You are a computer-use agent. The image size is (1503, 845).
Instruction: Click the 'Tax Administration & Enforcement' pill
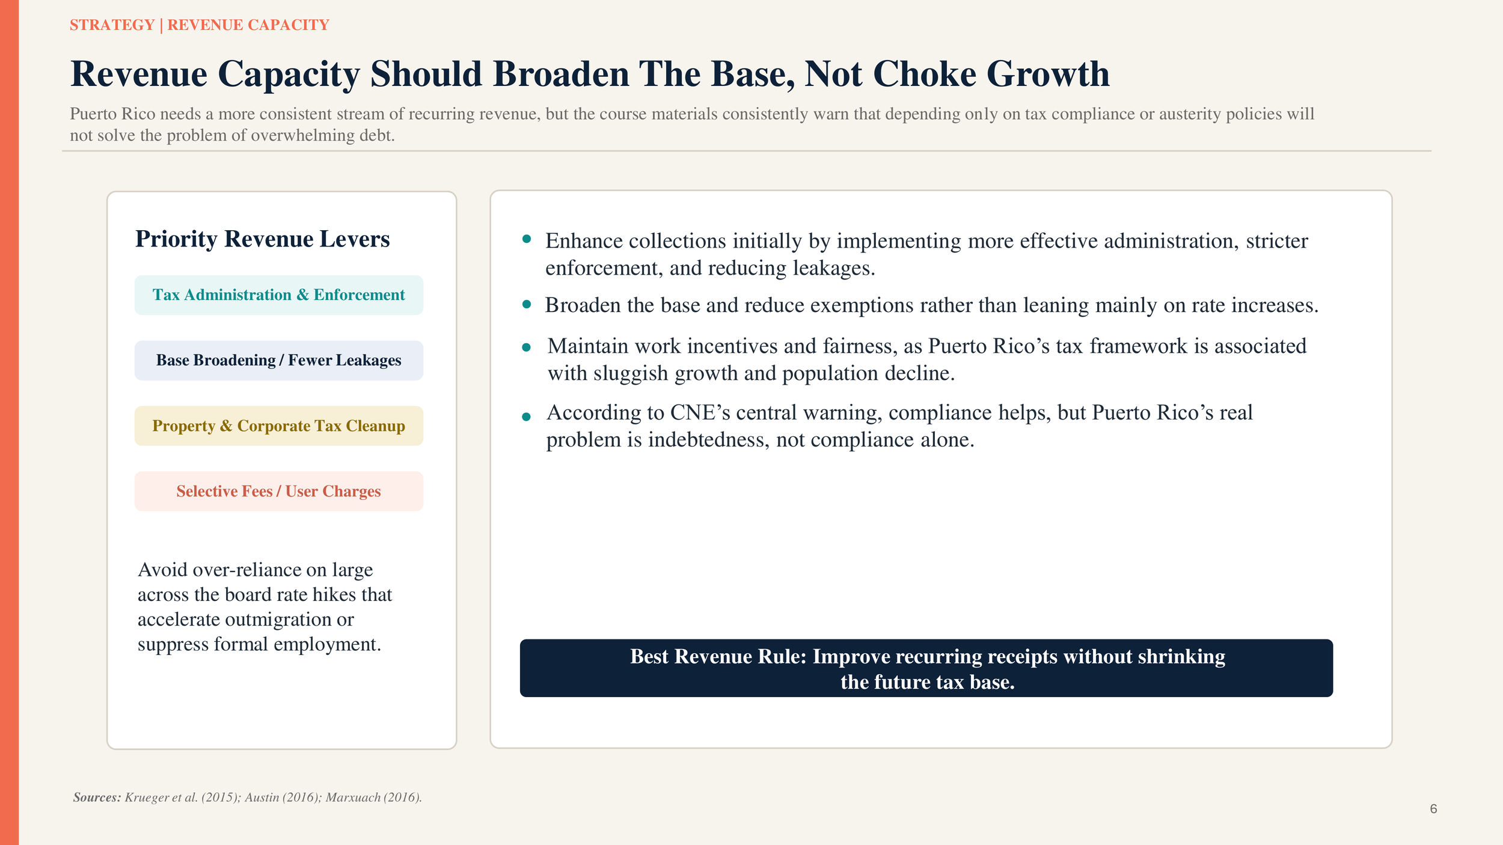[278, 295]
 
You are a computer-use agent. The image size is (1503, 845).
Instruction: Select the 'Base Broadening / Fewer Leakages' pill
[278, 361]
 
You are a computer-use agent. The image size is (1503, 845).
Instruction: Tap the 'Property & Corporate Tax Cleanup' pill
[278, 426]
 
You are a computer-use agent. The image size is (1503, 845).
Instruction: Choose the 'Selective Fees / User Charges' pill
[278, 492]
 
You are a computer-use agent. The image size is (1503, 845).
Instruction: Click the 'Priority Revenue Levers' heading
[262, 239]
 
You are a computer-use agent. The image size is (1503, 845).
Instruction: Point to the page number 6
[1433, 809]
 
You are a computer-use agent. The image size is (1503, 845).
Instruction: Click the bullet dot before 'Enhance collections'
[527, 239]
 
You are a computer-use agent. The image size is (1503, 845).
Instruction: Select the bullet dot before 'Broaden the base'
[527, 305]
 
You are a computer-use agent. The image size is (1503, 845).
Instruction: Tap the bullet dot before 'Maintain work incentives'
[527, 347]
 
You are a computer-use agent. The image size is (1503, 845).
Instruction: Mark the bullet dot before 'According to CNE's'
[527, 416]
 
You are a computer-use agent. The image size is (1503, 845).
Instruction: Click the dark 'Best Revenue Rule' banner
[926, 668]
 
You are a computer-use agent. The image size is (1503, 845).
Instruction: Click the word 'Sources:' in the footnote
[97, 798]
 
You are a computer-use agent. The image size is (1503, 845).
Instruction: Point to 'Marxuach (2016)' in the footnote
[373, 798]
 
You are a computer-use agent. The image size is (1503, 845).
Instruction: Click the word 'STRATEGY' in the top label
[112, 25]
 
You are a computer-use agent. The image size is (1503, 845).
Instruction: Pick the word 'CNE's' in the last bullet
[699, 413]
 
